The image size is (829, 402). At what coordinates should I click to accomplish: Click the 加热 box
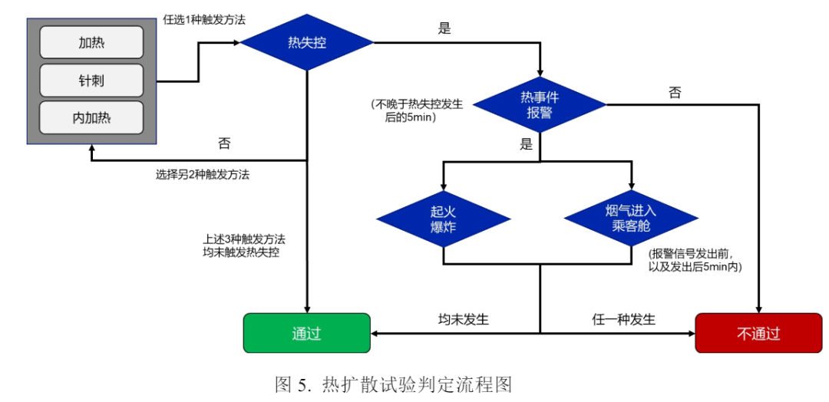pyautogui.click(x=91, y=42)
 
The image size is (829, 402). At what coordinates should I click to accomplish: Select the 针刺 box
pyautogui.click(x=91, y=81)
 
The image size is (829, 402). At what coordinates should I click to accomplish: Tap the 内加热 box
pyautogui.click(x=91, y=118)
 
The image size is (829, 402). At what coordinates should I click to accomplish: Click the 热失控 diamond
pyautogui.click(x=307, y=43)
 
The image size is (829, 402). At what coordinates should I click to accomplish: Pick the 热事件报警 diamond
pyautogui.click(x=540, y=104)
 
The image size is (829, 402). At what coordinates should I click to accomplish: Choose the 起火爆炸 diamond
pyautogui.click(x=444, y=219)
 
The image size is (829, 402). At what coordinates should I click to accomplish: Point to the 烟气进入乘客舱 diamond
pyautogui.click(x=631, y=219)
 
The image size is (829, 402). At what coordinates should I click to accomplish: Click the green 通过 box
pyautogui.click(x=306, y=334)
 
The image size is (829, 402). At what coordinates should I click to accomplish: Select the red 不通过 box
pyautogui.click(x=758, y=334)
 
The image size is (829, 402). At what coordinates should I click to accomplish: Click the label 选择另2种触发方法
pyautogui.click(x=202, y=174)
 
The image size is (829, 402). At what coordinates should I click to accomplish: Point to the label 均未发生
pyautogui.click(x=463, y=319)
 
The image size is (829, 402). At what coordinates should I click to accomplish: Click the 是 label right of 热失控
pyautogui.click(x=444, y=29)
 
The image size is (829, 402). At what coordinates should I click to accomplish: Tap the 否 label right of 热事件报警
pyautogui.click(x=675, y=93)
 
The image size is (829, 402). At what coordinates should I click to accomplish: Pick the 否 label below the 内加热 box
pyautogui.click(x=224, y=143)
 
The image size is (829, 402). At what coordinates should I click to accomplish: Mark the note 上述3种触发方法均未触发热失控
pyautogui.click(x=235, y=245)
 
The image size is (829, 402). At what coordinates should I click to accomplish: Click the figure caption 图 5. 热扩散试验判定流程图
pyautogui.click(x=393, y=384)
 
